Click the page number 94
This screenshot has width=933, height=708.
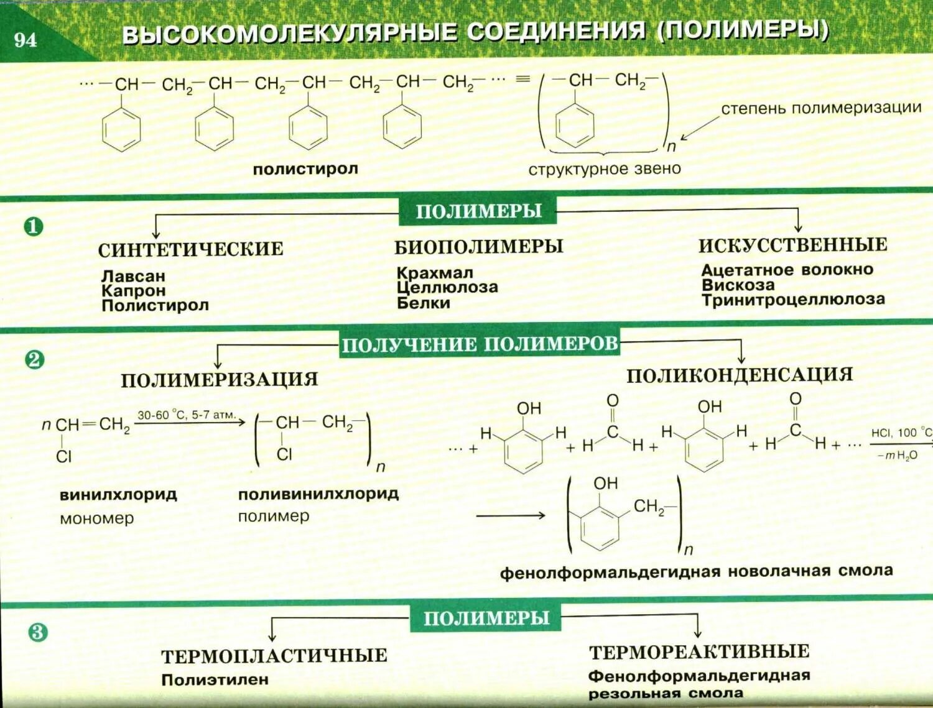point(26,40)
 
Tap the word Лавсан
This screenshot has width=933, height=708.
point(133,276)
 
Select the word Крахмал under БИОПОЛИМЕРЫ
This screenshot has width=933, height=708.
point(435,273)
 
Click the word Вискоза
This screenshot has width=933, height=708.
point(738,285)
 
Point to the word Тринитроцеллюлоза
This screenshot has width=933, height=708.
point(793,300)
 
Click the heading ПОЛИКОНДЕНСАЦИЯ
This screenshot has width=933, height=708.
point(740,375)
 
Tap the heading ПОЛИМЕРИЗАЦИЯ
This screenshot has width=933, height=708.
point(219,380)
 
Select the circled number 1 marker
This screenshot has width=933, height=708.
point(34,227)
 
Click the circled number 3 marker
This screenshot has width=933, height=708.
point(37,633)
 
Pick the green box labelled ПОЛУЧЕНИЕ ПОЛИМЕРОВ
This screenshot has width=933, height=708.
point(480,344)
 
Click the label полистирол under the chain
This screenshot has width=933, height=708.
point(305,169)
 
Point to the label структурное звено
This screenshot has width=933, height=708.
point(605,169)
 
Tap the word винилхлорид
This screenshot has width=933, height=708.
point(118,495)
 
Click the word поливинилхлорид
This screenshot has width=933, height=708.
point(318,495)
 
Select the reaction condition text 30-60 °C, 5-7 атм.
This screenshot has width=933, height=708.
point(186,415)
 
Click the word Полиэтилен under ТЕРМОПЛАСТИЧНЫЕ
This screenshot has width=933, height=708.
point(215,680)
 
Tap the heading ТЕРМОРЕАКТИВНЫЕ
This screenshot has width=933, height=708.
point(699,652)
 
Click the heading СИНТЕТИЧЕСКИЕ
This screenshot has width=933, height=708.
point(190,249)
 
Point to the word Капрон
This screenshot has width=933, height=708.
point(134,290)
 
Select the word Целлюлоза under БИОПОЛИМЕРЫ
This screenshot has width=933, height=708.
point(447,288)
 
